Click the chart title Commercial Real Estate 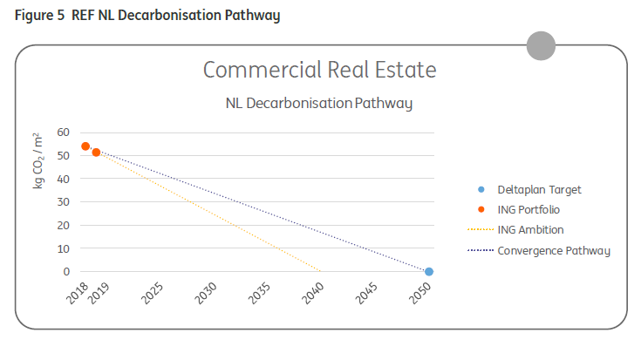[319, 70]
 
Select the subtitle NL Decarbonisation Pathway [318, 104]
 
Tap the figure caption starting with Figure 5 [147, 16]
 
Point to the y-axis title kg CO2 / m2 [38, 160]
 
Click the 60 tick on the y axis [62, 132]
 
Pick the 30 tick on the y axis [62, 202]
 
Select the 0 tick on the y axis [65, 272]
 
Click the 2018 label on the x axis [78, 295]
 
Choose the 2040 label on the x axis [312, 295]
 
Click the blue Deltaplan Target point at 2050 [429, 272]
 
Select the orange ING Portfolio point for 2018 [85, 146]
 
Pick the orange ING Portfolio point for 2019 [96, 153]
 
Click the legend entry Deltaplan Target [538, 189]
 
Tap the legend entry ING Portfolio [528, 210]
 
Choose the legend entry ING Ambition [529, 230]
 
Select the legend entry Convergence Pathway [553, 251]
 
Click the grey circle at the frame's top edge [541, 45]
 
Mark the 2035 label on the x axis [259, 295]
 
